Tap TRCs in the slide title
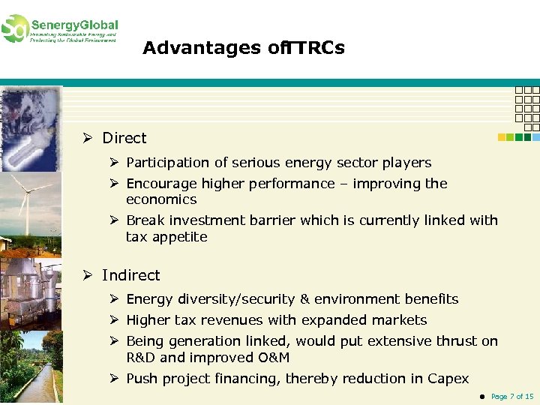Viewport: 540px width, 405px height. point(316,49)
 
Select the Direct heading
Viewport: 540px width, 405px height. point(124,138)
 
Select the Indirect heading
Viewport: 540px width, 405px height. point(131,276)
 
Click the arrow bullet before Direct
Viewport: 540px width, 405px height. point(88,138)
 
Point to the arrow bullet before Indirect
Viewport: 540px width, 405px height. point(88,276)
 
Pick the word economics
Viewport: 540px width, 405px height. point(161,199)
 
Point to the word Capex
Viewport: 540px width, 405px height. point(448,379)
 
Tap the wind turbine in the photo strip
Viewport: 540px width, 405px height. point(25,202)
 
